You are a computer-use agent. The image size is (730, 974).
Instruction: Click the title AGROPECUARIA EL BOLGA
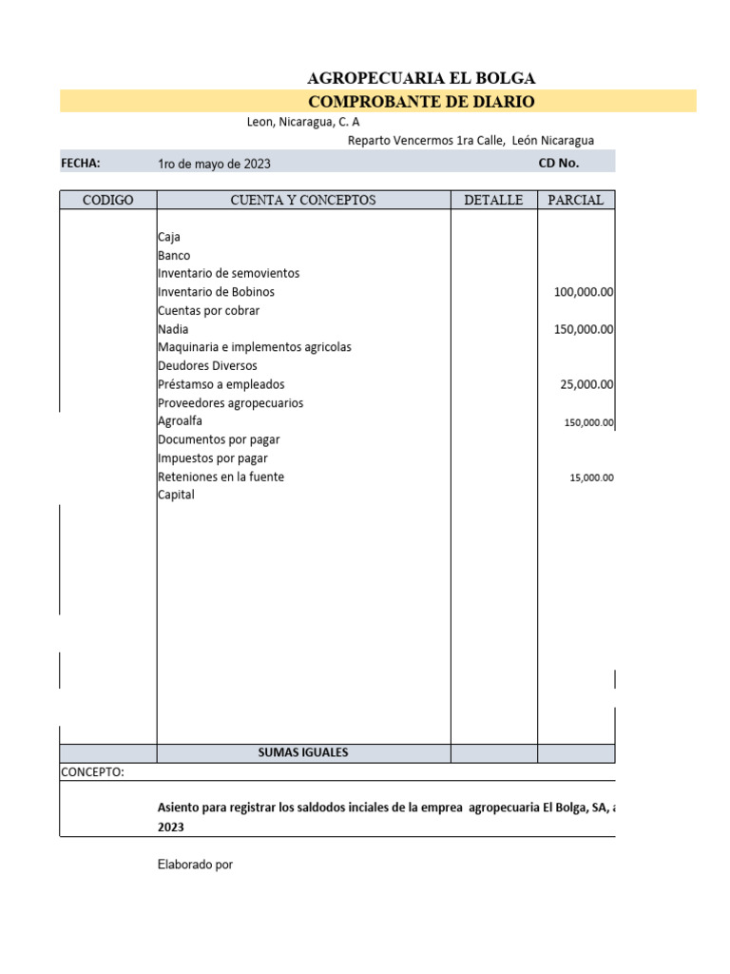421,78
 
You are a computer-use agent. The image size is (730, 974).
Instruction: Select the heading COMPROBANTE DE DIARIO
421,102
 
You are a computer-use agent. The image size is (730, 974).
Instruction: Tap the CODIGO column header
108,200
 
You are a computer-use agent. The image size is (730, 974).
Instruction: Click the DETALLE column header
493,200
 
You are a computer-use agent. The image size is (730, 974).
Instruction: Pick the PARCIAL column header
576,200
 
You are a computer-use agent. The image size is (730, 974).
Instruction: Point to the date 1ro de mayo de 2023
214,164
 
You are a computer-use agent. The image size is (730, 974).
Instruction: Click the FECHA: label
81,163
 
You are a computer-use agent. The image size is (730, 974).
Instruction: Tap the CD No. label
559,163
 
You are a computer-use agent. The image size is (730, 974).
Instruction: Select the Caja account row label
169,237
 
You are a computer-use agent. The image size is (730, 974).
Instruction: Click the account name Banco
174,255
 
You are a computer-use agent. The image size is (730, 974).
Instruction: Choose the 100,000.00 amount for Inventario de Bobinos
584,292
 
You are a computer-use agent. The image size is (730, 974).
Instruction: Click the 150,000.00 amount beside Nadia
584,329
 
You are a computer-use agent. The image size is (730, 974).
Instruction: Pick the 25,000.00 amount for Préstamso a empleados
587,384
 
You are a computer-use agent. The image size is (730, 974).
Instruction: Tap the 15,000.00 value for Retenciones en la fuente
591,477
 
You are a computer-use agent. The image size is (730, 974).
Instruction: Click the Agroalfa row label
180,420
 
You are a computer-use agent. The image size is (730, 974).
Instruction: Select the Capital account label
176,495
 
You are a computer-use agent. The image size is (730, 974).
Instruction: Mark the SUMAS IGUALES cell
303,752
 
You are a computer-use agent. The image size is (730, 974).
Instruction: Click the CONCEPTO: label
92,771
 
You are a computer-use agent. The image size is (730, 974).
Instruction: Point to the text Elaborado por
195,865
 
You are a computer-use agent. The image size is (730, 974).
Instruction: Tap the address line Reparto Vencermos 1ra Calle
471,140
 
